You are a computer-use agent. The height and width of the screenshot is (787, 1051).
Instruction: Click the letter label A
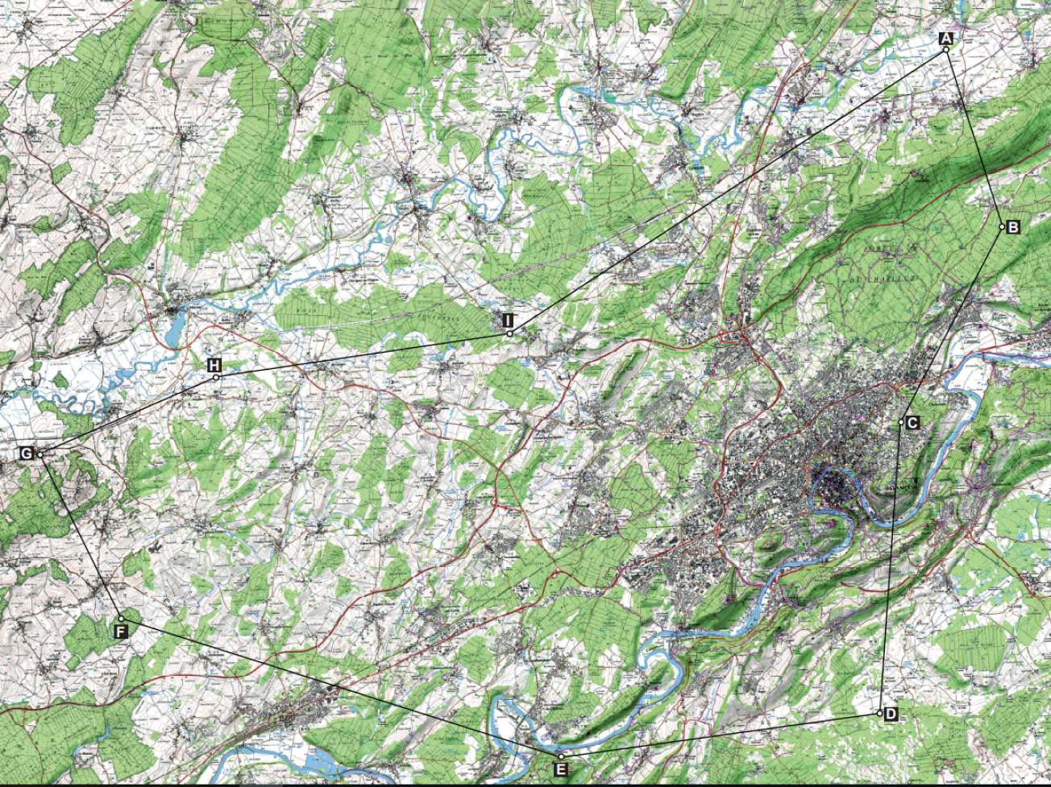[x=946, y=38]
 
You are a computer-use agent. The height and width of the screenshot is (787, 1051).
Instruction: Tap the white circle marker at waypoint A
[x=946, y=50]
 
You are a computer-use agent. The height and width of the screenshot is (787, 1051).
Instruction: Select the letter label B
[x=1013, y=227]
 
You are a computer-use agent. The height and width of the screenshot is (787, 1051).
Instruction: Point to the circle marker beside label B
[x=1003, y=227]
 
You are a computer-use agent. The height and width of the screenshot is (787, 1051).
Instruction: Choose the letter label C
[x=912, y=423]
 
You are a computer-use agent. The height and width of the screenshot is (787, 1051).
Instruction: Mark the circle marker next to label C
[x=901, y=422]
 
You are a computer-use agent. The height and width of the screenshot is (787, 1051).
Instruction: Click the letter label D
[x=890, y=715]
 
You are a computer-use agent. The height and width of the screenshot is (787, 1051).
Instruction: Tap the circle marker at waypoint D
[x=879, y=714]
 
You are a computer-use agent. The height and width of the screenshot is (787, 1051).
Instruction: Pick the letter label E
[x=561, y=770]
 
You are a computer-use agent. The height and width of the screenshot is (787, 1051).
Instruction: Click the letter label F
[x=120, y=631]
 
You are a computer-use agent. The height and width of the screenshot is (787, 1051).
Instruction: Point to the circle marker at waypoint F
[x=121, y=619]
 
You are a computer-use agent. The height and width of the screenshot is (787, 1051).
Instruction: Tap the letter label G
[x=27, y=454]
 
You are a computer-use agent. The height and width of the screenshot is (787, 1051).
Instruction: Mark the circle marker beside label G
[x=39, y=455]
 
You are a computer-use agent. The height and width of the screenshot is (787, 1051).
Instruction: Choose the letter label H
[x=214, y=365]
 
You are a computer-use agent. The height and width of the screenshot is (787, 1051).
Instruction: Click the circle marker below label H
[x=215, y=377]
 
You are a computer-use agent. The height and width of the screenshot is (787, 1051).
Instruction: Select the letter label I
[x=508, y=321]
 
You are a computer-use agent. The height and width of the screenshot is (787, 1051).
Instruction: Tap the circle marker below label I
[x=509, y=333]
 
